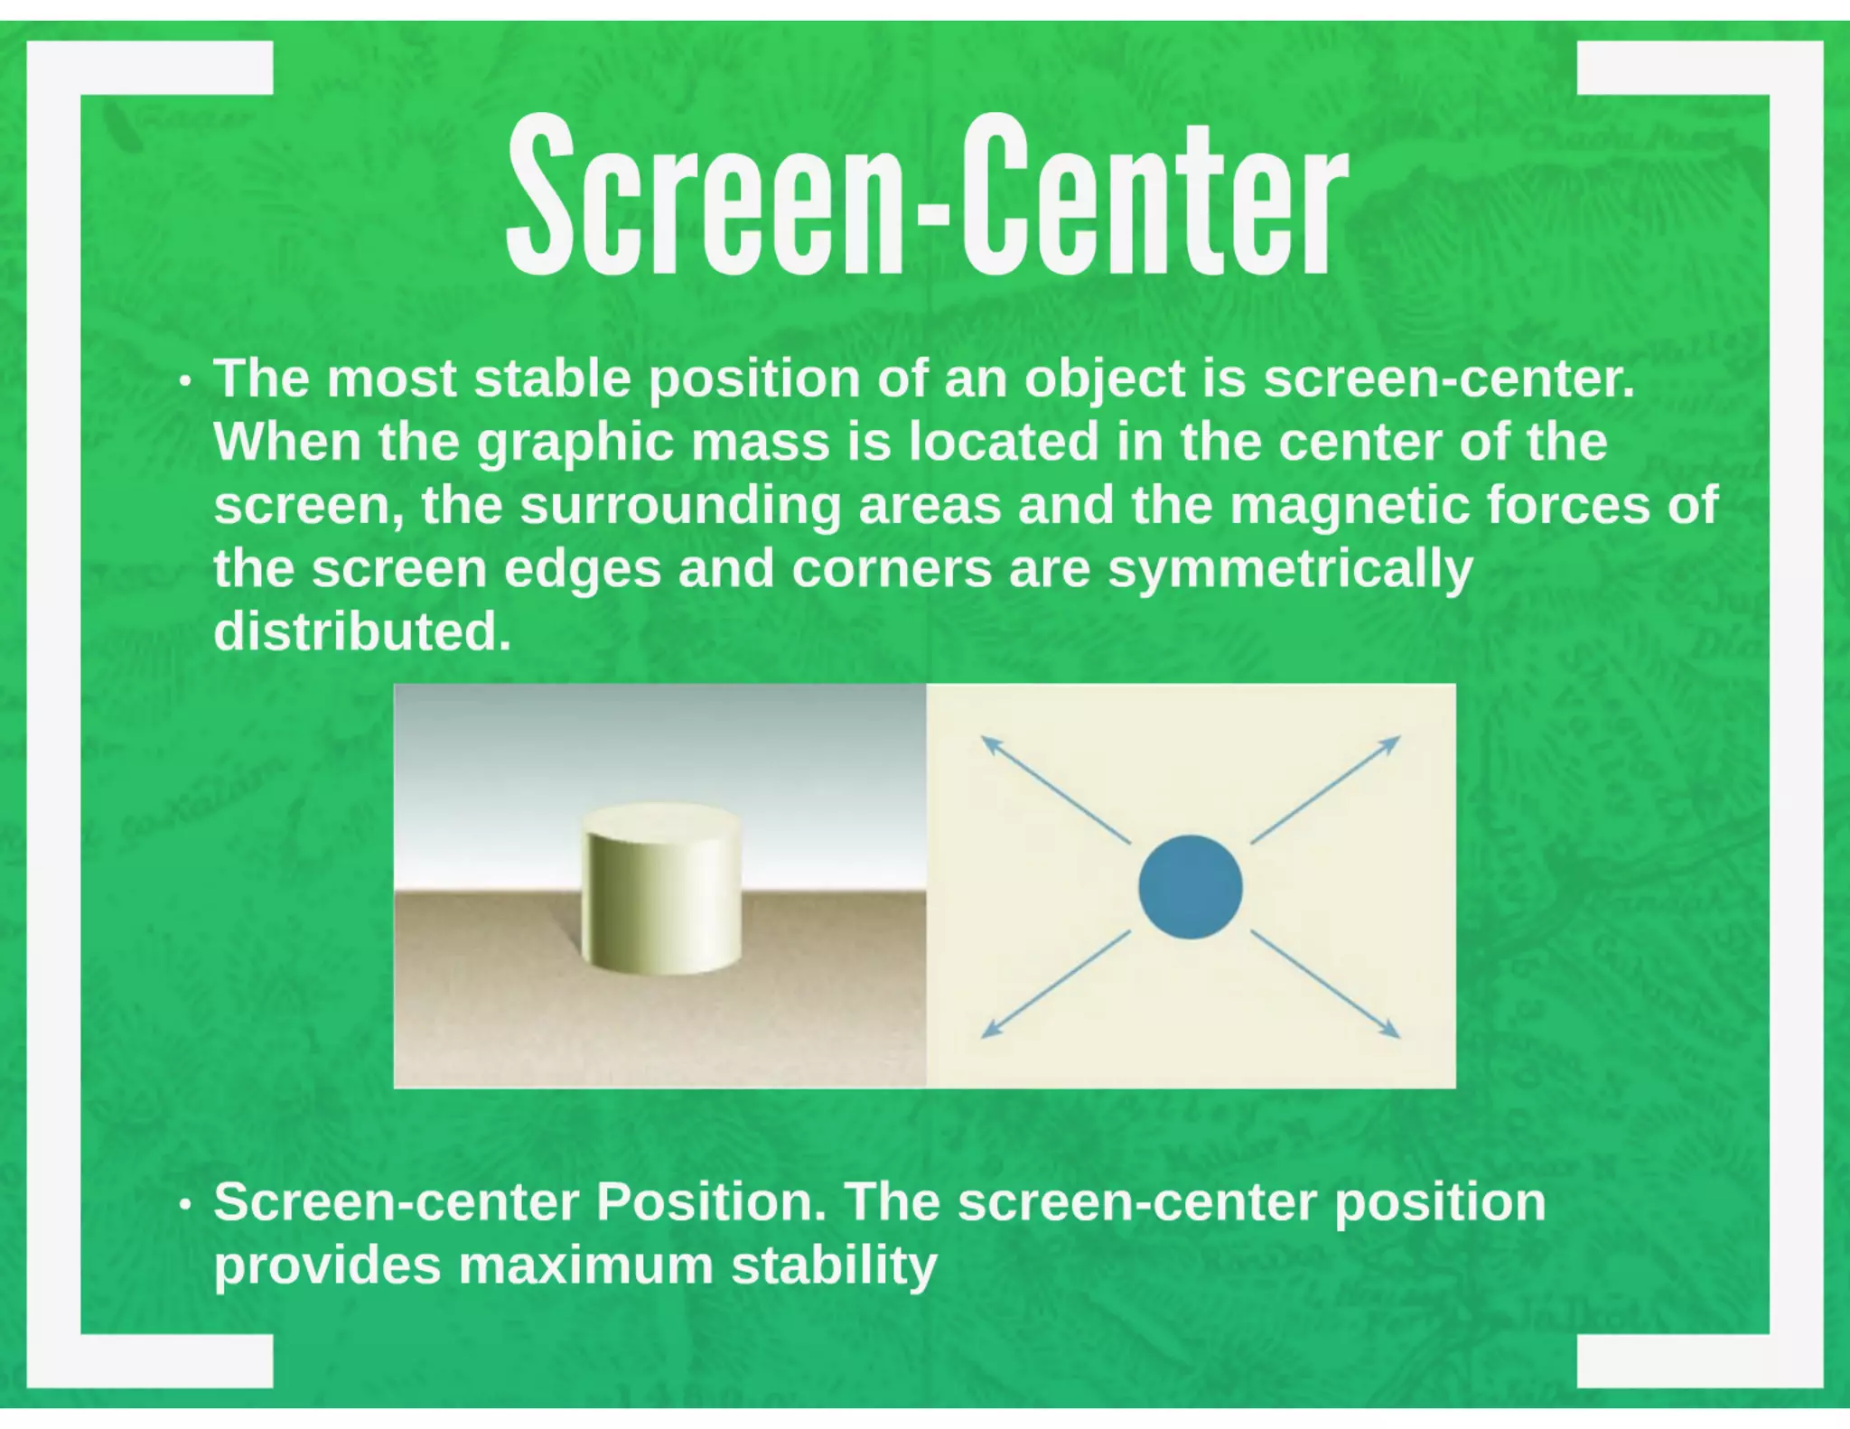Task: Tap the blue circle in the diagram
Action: click(1190, 886)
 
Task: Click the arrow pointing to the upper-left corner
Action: click(1054, 789)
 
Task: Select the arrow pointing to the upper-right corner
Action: click(1325, 789)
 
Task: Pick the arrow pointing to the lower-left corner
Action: click(1054, 985)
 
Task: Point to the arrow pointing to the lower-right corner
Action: click(1325, 985)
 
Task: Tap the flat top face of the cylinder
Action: click(660, 822)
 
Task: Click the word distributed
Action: click(361, 631)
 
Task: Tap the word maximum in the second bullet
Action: click(586, 1265)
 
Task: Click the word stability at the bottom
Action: click(834, 1265)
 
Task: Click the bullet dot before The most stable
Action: click(185, 381)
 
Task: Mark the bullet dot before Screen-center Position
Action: click(185, 1205)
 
